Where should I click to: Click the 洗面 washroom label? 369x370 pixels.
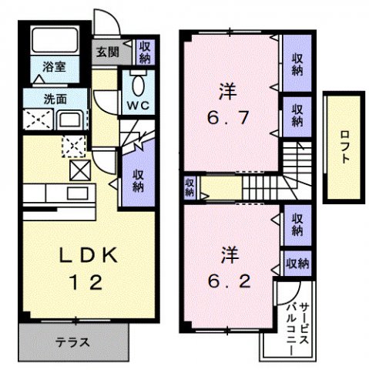pos(34,99)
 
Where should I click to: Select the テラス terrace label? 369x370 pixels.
pos(73,341)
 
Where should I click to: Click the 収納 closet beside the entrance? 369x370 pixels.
pos(144,52)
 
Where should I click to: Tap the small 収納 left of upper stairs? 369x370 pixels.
pos(189,187)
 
